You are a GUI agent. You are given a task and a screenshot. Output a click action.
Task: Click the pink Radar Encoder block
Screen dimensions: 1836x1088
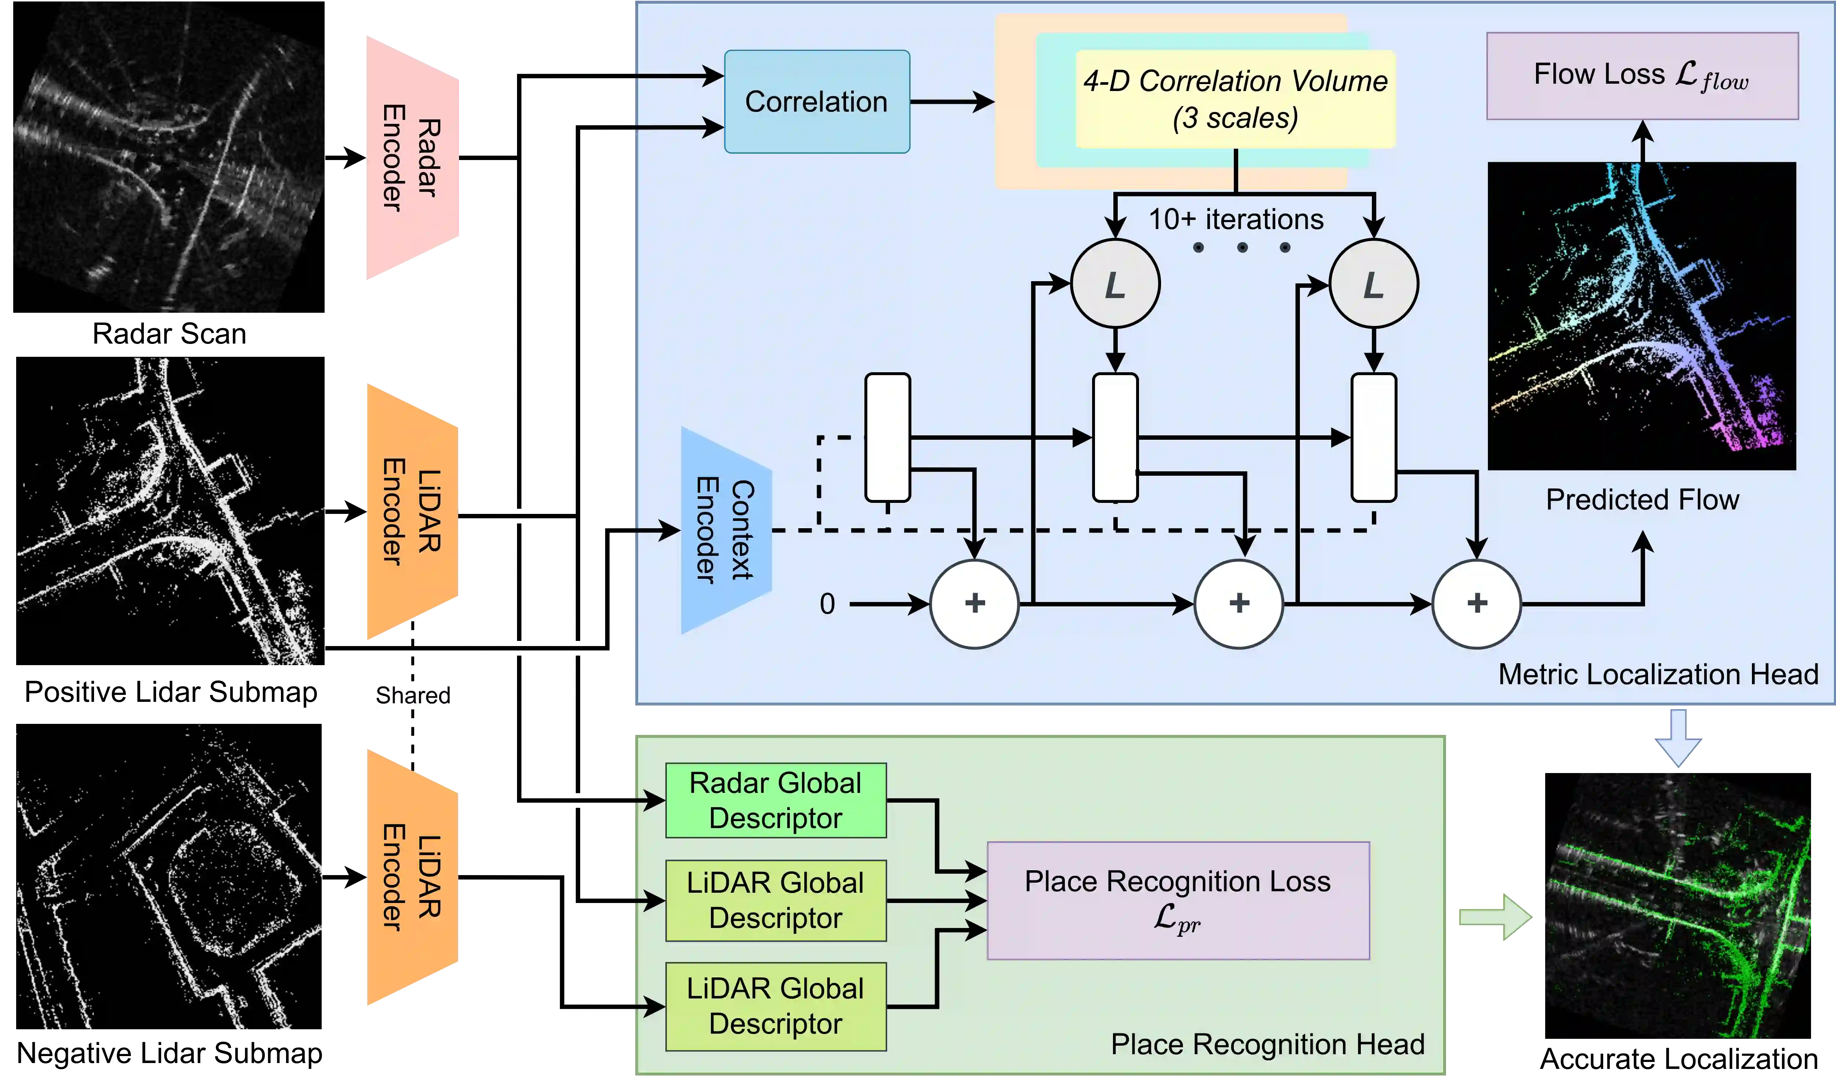413,157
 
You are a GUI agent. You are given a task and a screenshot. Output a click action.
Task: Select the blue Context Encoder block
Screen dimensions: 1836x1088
726,530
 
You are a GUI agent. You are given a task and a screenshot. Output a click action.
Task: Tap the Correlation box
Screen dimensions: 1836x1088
817,102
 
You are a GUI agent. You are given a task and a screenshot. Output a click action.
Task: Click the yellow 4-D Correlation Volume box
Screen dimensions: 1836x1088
1236,99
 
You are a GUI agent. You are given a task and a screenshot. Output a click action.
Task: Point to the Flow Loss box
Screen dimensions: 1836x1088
1642,76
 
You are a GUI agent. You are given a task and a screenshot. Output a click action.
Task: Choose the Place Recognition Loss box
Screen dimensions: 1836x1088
1178,900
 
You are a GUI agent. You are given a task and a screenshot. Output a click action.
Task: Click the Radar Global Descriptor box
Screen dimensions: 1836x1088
776,801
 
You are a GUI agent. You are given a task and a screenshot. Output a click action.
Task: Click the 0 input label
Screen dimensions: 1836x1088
827,604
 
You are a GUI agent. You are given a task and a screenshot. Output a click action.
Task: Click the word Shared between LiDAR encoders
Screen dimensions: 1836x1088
413,695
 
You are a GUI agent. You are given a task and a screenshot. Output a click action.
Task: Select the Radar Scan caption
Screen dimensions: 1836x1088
169,334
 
